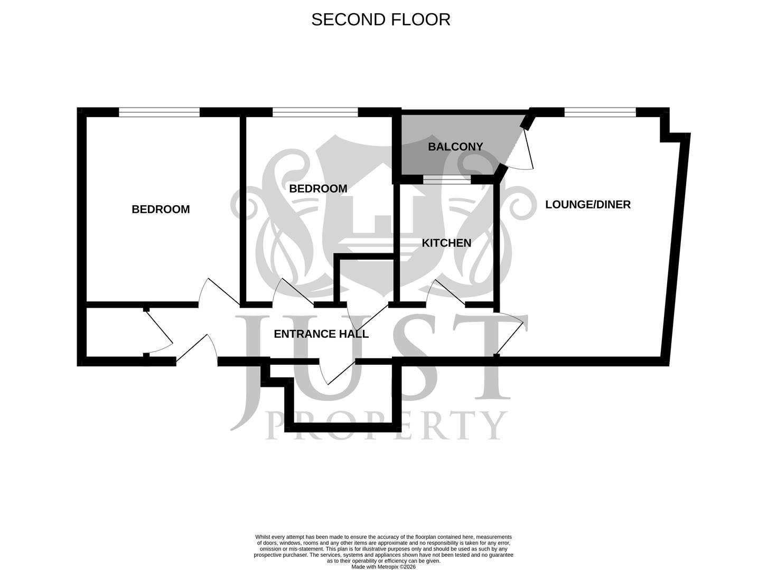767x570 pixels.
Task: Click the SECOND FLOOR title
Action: [x=380, y=20]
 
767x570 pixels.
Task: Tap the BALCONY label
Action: [x=455, y=147]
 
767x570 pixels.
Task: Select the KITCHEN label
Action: [x=446, y=243]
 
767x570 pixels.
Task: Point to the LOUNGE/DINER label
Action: [x=587, y=204]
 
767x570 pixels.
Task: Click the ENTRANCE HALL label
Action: [x=321, y=334]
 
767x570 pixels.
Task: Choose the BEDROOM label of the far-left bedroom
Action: [x=161, y=209]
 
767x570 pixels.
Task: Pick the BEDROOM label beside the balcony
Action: [x=318, y=188]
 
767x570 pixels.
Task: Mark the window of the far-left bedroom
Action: [x=159, y=112]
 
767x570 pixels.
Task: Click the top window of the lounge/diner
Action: [x=600, y=112]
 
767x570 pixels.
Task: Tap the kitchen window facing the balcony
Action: [x=446, y=180]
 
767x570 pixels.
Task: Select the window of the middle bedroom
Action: [x=315, y=112]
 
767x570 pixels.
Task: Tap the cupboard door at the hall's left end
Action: [x=158, y=332]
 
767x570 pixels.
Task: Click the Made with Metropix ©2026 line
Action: [x=383, y=567]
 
